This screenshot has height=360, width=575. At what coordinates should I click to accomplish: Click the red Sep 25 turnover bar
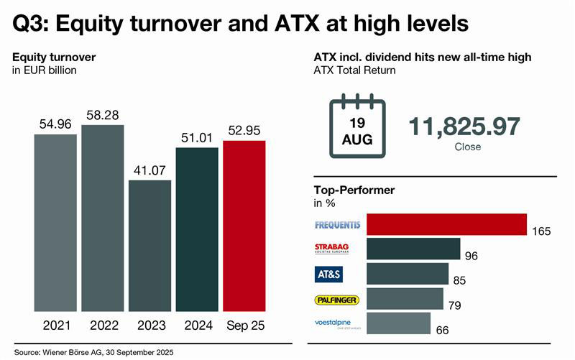pos(244,226)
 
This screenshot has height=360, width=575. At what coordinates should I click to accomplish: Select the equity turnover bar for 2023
pos(150,246)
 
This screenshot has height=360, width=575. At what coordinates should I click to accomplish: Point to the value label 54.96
pos(55,125)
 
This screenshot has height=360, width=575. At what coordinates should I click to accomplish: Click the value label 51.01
pos(197,138)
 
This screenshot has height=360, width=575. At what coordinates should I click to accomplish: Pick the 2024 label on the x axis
pos(197,326)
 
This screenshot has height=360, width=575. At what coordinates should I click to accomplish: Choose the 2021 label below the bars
pos(55,326)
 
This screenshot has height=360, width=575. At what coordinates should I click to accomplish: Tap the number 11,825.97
pos(464,126)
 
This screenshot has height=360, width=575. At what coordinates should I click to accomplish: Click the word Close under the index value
pos(468,147)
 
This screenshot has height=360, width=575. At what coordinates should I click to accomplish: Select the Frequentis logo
pos(337,225)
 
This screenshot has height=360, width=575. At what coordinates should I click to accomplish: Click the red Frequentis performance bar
pos(446,225)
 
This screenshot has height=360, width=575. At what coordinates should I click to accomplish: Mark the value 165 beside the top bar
pos(541,231)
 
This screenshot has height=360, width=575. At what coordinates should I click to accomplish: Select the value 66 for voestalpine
pos(441,330)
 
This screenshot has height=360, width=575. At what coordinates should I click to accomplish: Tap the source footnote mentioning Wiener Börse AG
pos(93,352)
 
